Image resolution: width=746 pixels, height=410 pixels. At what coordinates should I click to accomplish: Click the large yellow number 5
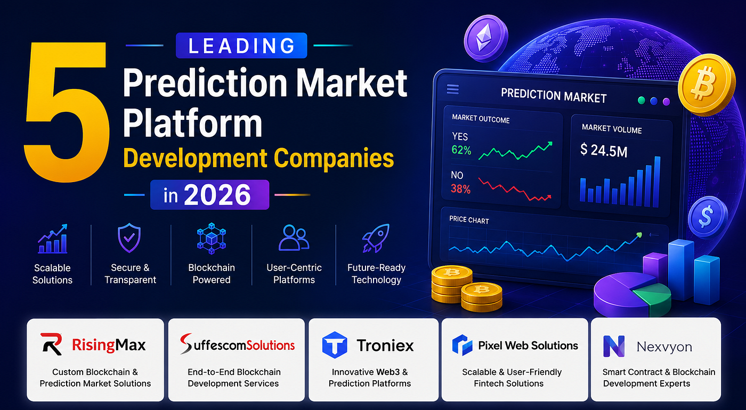click(x=67, y=112)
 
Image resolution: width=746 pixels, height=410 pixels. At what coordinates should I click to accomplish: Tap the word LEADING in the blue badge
click(x=241, y=46)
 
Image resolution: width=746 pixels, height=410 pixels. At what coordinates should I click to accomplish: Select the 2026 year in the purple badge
click(x=217, y=195)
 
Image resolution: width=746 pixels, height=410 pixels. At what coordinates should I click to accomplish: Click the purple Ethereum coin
click(x=486, y=38)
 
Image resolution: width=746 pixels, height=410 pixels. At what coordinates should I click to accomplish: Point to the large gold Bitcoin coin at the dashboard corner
click(x=706, y=85)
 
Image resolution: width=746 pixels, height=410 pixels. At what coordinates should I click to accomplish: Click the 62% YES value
click(x=461, y=150)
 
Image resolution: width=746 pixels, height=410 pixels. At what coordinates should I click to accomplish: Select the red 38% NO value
click(x=460, y=189)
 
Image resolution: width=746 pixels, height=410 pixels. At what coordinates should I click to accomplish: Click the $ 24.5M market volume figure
click(x=604, y=150)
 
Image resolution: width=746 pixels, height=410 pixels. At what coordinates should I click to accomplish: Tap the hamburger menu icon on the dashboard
click(x=452, y=89)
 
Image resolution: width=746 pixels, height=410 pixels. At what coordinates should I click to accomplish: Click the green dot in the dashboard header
click(x=641, y=100)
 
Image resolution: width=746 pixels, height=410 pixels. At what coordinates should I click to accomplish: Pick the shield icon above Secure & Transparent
click(x=129, y=238)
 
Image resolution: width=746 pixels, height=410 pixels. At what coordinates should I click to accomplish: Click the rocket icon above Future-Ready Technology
click(x=376, y=238)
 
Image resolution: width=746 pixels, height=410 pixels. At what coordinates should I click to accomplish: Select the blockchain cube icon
click(x=212, y=239)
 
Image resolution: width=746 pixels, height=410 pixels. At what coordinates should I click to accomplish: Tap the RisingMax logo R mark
click(x=52, y=344)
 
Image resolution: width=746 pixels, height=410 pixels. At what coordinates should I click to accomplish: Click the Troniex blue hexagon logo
click(x=335, y=345)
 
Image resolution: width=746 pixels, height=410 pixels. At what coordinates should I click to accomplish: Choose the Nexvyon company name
click(x=664, y=347)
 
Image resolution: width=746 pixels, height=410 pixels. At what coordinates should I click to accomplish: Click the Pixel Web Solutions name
click(x=528, y=346)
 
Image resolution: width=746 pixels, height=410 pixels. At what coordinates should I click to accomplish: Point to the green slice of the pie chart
click(x=653, y=296)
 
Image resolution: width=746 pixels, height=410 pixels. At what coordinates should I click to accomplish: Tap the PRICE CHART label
click(x=469, y=219)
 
